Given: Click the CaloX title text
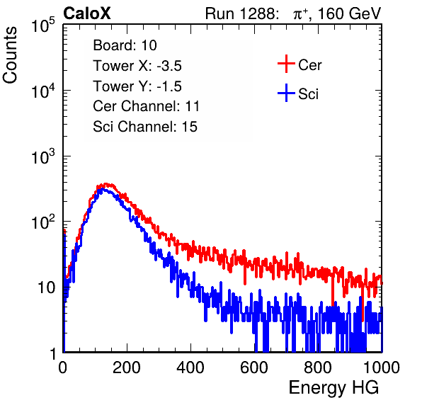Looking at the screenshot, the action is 86,13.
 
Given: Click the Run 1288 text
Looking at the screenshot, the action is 241,13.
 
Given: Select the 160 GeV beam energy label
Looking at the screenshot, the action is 349,13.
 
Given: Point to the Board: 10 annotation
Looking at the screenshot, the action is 125,45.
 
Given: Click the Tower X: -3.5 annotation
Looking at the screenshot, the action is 137,66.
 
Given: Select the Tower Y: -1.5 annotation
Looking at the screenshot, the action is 137,86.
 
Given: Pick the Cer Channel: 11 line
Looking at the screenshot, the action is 146,106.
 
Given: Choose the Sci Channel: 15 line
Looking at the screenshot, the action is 145,127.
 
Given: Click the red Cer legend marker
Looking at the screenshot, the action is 286,64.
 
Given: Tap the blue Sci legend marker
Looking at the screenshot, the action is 286,93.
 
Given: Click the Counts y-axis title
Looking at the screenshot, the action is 10,55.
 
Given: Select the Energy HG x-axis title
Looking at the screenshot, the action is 333,388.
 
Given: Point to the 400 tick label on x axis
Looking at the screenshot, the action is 190,367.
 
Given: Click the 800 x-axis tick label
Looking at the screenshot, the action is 318,367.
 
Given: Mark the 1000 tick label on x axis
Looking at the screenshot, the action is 382,367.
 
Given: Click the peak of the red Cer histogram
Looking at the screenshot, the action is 105,184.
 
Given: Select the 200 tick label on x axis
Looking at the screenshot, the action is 127,367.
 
